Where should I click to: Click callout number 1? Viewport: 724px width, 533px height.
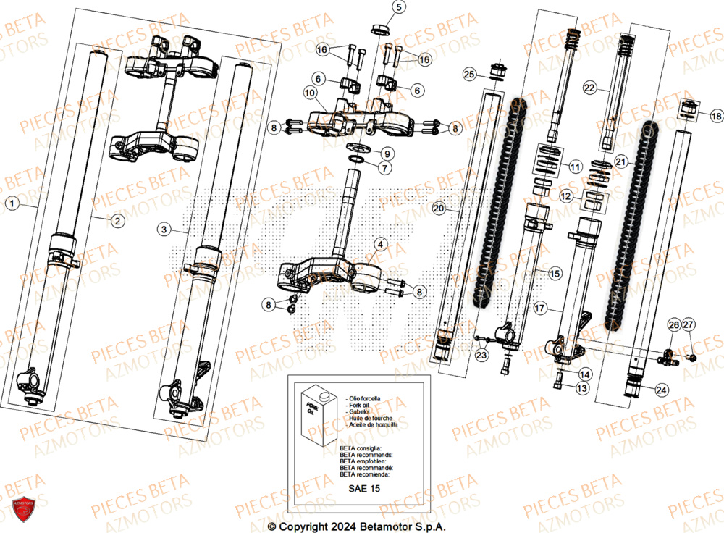point(12,204)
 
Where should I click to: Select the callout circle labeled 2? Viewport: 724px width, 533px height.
point(117,220)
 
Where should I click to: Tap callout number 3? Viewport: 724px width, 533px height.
point(164,230)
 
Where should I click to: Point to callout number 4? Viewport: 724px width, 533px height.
point(381,245)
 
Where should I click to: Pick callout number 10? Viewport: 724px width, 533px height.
point(310,93)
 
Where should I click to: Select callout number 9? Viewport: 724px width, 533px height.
point(387,154)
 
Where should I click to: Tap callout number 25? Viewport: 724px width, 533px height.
point(469,75)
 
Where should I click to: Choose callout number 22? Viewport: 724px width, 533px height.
point(589,88)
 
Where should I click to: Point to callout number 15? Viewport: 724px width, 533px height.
point(554,274)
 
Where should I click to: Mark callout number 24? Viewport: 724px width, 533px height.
point(660,389)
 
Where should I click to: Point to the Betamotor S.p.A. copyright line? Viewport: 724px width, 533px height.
point(356,526)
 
